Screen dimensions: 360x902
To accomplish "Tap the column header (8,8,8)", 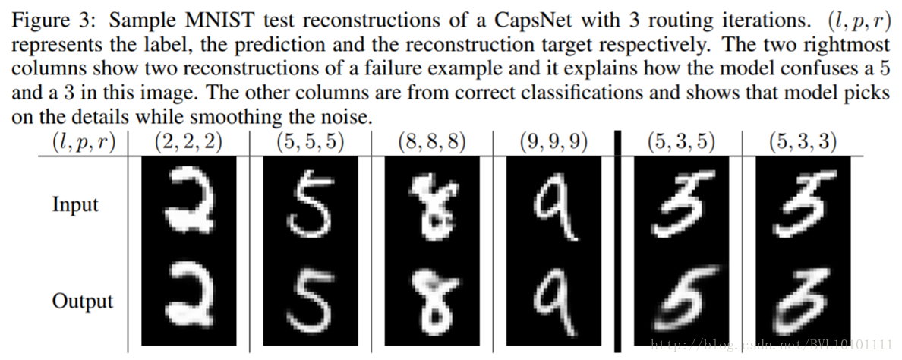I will [x=431, y=141].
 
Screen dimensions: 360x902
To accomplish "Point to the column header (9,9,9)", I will [x=554, y=141].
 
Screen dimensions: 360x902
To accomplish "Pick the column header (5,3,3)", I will [x=803, y=141].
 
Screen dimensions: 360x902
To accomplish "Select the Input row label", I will [x=75, y=204].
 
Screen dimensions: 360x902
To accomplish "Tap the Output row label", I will [x=82, y=301].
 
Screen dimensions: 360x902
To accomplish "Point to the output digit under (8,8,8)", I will [x=430, y=301].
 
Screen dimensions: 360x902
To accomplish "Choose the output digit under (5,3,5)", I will [x=680, y=301].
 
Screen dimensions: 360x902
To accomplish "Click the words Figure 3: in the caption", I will [x=46, y=16].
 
